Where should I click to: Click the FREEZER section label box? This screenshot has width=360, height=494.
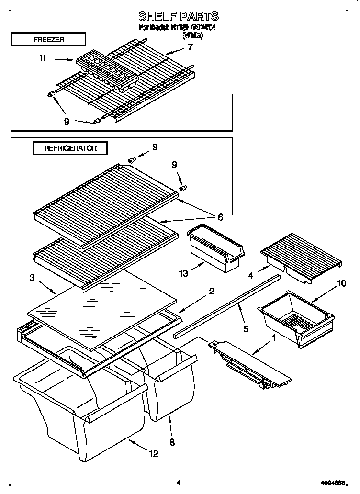click(x=48, y=39)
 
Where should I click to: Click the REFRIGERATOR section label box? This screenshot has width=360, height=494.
click(x=70, y=148)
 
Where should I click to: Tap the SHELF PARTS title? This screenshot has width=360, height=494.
click(x=178, y=17)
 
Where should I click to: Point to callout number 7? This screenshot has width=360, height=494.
click(x=190, y=47)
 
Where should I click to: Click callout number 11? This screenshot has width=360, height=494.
click(x=42, y=59)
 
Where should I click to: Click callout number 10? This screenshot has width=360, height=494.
click(x=341, y=283)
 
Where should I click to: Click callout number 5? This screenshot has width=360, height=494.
click(x=246, y=329)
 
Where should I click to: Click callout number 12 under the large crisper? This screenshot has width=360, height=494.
click(x=153, y=454)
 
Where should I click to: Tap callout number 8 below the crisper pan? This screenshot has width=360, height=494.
click(x=172, y=442)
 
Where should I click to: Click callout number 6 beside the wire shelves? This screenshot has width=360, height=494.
click(x=220, y=217)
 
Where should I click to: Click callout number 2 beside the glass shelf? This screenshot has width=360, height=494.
click(x=211, y=292)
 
